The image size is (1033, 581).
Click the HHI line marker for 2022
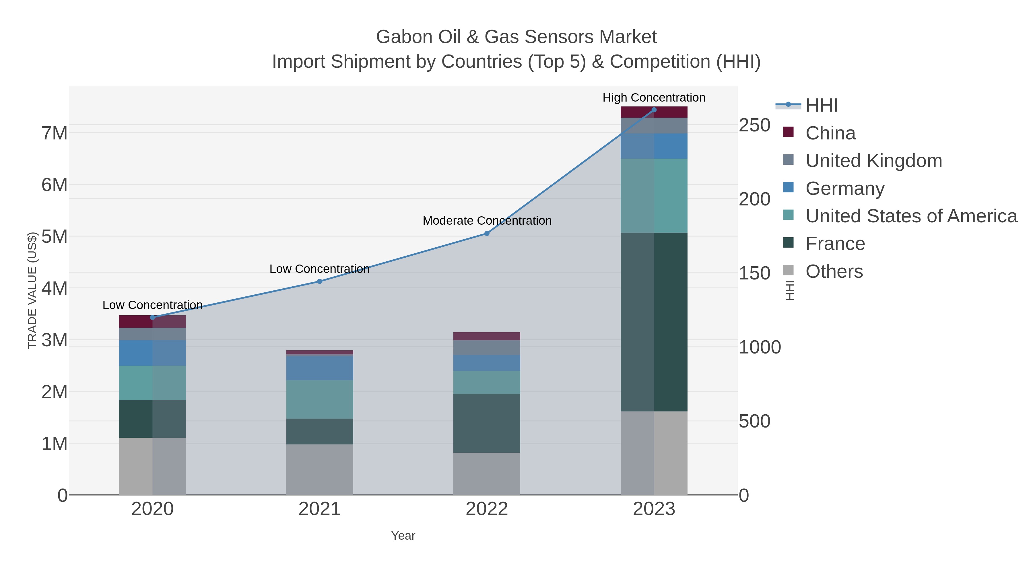[x=487, y=233]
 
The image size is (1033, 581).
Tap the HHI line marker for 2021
[x=320, y=281]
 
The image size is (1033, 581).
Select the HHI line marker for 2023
[x=654, y=110]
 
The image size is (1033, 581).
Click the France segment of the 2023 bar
[x=654, y=322]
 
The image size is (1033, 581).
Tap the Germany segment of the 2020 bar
[x=152, y=353]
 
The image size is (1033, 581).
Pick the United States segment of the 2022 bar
[x=487, y=382]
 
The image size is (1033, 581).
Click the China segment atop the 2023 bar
[x=654, y=112]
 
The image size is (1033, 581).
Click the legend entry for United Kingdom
[x=873, y=161]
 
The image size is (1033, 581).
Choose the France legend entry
[x=835, y=244]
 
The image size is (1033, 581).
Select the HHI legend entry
[x=821, y=106]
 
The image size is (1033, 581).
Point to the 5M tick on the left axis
[x=55, y=237]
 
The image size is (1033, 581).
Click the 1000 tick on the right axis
[x=760, y=347]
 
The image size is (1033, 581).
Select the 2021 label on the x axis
[x=320, y=509]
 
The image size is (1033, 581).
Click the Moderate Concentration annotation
[x=487, y=221]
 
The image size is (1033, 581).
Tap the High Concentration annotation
[x=654, y=98]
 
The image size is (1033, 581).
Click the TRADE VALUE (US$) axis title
[x=32, y=290]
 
